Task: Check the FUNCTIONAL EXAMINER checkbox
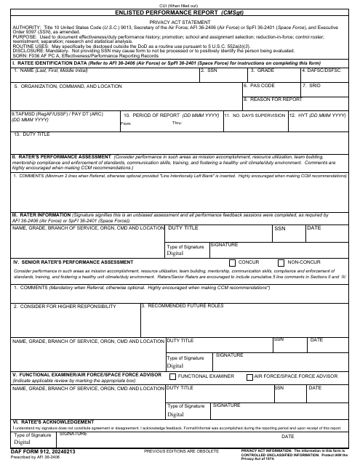(x=172, y=376)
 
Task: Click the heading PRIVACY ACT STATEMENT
(x=180, y=23)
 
